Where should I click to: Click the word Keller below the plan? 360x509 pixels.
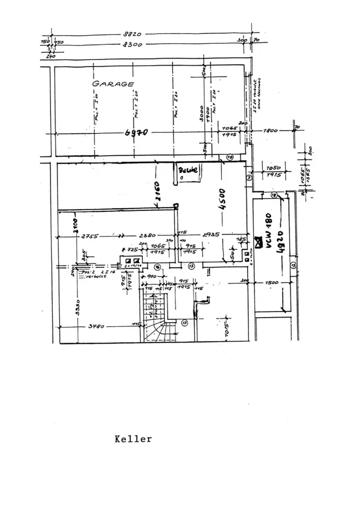click(x=133, y=439)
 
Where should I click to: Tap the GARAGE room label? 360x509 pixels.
click(x=113, y=84)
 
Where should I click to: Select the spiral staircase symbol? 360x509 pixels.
click(x=157, y=321)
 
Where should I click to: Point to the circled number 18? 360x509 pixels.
click(x=273, y=195)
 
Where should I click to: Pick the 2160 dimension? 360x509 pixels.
click(x=157, y=192)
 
